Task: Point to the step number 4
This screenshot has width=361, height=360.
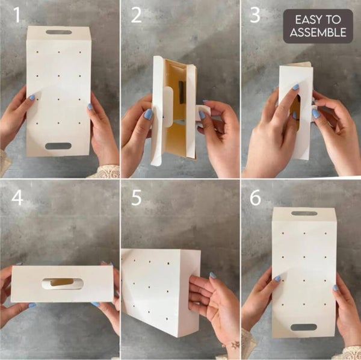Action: click(17, 197)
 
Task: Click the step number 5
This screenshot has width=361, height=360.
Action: click(137, 197)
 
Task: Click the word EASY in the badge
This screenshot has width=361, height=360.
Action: click(301, 20)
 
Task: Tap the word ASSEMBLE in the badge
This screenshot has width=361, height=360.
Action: click(318, 33)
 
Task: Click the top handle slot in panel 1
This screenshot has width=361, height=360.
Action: click(58, 32)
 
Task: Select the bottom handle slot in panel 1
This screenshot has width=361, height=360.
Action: click(58, 146)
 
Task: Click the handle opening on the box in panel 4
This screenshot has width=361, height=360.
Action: click(62, 282)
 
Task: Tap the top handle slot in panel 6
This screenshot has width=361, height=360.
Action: click(304, 213)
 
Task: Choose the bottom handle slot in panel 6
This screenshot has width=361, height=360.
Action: click(304, 327)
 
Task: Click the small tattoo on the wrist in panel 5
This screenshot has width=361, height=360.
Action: click(234, 345)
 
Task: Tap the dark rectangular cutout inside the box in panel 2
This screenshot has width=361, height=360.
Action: click(180, 93)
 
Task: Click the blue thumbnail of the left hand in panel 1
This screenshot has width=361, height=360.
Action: click(31, 97)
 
